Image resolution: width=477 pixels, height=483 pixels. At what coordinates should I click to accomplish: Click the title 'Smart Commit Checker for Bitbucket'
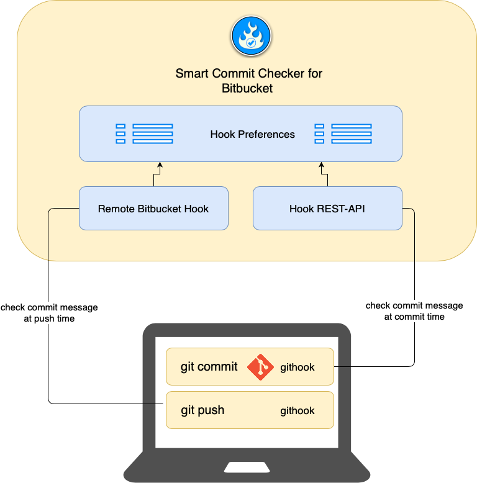[x=248, y=81]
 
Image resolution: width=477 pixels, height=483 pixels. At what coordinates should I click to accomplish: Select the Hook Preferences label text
[x=252, y=134]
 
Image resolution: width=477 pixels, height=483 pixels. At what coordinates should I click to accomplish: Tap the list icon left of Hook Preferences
[x=144, y=134]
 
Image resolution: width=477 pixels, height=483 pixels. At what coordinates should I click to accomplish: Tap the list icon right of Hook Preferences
[x=343, y=134]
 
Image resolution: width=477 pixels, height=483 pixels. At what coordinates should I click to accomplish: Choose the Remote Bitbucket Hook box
[x=153, y=209]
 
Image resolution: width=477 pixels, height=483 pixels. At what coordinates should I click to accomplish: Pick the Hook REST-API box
[x=327, y=209]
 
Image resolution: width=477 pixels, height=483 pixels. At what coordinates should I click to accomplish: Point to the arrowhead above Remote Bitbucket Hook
[x=160, y=166]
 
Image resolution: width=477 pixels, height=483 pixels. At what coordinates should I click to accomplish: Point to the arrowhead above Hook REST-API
[x=321, y=166]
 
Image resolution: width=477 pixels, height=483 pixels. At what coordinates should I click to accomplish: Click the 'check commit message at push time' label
[x=49, y=313]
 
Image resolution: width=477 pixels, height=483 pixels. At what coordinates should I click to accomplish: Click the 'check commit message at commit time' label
[x=414, y=311]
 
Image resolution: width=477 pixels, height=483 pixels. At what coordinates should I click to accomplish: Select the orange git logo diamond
[x=260, y=367]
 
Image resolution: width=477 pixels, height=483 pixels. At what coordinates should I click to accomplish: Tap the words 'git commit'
[x=209, y=367]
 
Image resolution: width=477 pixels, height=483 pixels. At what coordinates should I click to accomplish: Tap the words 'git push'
[x=202, y=410]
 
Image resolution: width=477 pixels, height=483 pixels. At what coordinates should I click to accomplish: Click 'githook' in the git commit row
[x=298, y=368]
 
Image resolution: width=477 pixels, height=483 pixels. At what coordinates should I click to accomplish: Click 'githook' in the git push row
[x=298, y=411]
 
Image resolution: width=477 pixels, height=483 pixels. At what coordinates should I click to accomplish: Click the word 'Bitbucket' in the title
[x=247, y=88]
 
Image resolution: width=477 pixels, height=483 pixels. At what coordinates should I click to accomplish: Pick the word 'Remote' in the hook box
[x=116, y=209]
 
